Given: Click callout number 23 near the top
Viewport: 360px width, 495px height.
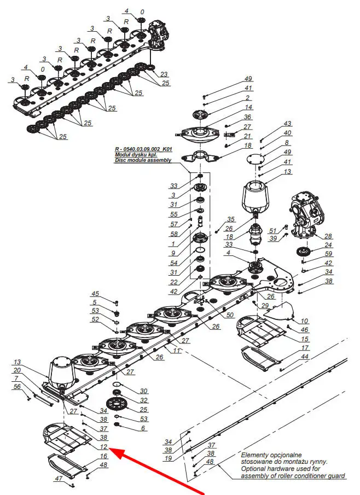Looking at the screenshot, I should [164, 74].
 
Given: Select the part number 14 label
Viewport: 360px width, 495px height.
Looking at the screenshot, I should [249, 108].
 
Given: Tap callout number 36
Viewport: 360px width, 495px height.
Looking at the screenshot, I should [247, 117].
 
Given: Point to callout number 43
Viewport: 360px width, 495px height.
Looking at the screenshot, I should [287, 123].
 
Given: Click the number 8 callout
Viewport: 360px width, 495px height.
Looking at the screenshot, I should [286, 143].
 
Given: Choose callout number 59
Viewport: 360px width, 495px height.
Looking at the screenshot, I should [328, 254].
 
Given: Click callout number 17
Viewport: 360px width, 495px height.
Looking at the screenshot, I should [304, 348].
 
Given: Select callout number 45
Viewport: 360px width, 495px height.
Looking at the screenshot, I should [95, 294].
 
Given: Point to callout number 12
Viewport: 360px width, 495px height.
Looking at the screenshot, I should [103, 447].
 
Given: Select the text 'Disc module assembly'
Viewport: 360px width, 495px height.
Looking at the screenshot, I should [143, 160].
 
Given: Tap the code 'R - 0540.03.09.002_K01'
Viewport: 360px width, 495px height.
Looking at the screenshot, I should [143, 149].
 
